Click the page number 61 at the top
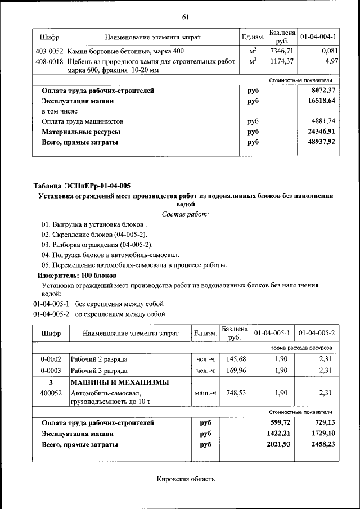pyautogui.click(x=185, y=16)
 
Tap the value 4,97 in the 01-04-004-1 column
pyautogui.click(x=330, y=61)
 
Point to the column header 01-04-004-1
pyautogui.click(x=318, y=37)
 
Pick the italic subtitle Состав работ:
pyautogui.click(x=185, y=214)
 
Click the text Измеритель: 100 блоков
pyautogui.click(x=77, y=276)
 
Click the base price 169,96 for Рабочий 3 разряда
pyautogui.click(x=236, y=371)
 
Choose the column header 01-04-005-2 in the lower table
pyautogui.click(x=317, y=333)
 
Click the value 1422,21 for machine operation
pyautogui.click(x=278, y=434)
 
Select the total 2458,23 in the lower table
pyautogui.click(x=321, y=444)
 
